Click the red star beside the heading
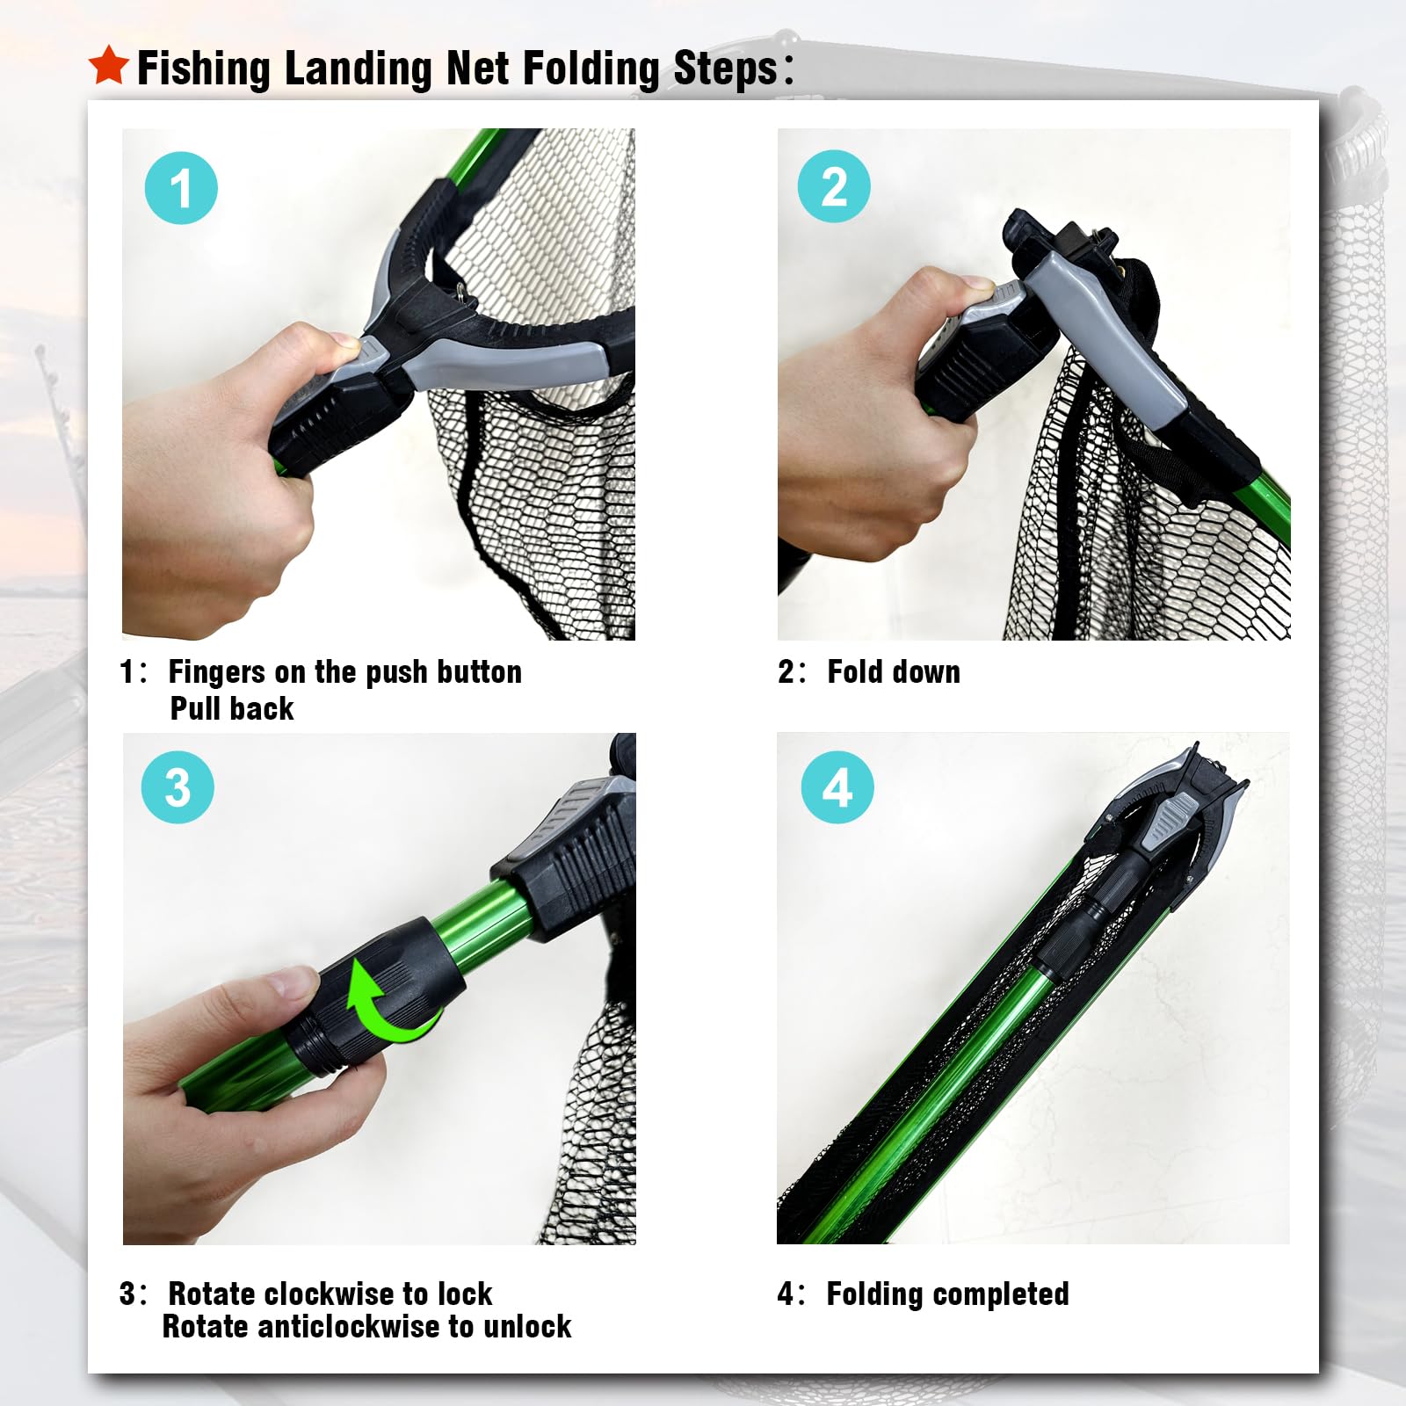(109, 65)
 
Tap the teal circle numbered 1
(181, 188)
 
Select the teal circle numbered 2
(834, 186)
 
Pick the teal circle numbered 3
(178, 787)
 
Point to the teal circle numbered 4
(837, 787)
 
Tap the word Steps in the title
(725, 69)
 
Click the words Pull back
(232, 708)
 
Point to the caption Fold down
(894, 672)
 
